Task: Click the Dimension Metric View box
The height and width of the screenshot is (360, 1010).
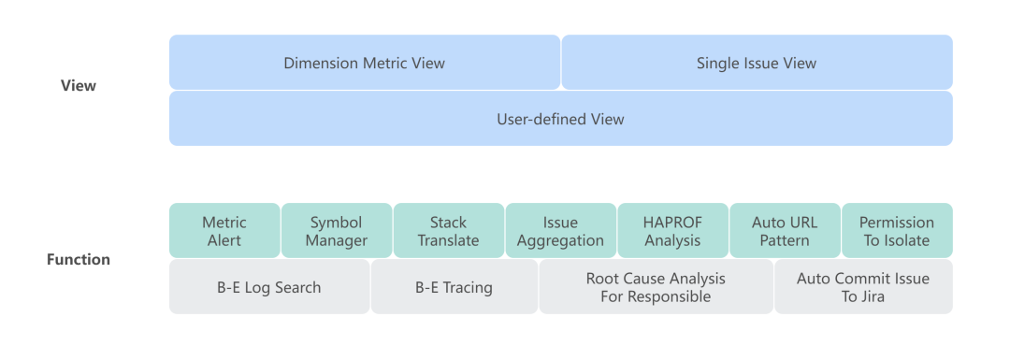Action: pyautogui.click(x=365, y=63)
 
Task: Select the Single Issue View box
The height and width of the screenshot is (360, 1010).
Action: pyautogui.click(x=757, y=63)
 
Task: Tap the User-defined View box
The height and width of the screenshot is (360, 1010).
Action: pyautogui.click(x=561, y=119)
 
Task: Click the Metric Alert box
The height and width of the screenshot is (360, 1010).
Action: pyautogui.click(x=224, y=231)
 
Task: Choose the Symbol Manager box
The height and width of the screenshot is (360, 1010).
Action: pyautogui.click(x=337, y=231)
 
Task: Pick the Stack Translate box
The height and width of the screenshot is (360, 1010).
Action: pyautogui.click(x=449, y=231)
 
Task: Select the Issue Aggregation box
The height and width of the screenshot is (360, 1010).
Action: pyautogui.click(x=561, y=231)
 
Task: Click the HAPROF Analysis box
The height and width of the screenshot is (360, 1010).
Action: pyautogui.click(x=673, y=231)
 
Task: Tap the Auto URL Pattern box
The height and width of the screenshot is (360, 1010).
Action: pyautogui.click(x=786, y=231)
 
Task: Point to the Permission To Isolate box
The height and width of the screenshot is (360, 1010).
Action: pyautogui.click(x=897, y=231)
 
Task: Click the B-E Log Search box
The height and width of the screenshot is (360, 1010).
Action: pyautogui.click(x=269, y=286)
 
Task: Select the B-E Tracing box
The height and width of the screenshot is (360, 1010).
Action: pyautogui.click(x=454, y=286)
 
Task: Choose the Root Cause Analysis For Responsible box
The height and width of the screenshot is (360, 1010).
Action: pyautogui.click(x=656, y=286)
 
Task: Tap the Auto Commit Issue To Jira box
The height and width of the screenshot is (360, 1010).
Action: pyautogui.click(x=864, y=286)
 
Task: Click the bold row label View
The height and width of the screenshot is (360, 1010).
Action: pyautogui.click(x=79, y=86)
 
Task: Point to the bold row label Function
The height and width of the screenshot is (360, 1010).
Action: pyautogui.click(x=79, y=260)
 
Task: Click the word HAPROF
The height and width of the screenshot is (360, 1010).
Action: pyautogui.click(x=673, y=223)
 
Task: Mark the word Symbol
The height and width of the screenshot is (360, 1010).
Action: pyautogui.click(x=337, y=223)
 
